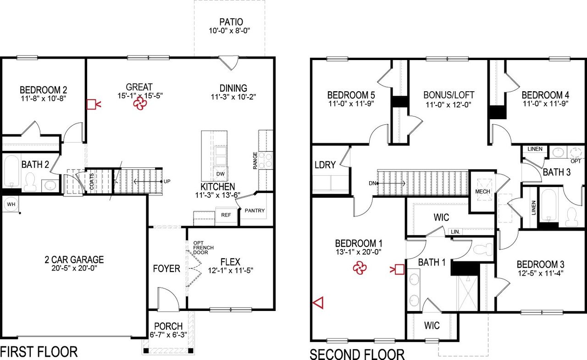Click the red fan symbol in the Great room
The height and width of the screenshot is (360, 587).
tap(139, 105)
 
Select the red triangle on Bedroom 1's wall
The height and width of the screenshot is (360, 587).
tap(318, 302)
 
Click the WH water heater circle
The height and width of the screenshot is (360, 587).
tap(10, 204)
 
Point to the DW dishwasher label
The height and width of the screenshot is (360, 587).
tap(220, 174)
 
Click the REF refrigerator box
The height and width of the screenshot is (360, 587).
tap(226, 215)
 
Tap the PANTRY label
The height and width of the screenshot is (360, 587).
tap(255, 211)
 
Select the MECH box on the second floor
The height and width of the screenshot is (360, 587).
tap(483, 191)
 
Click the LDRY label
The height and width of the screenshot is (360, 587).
tap(325, 165)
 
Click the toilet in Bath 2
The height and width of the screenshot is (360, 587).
tap(31, 182)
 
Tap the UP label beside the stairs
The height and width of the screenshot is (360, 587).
tap(167, 182)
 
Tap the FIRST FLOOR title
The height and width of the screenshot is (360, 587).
tap(39, 352)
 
